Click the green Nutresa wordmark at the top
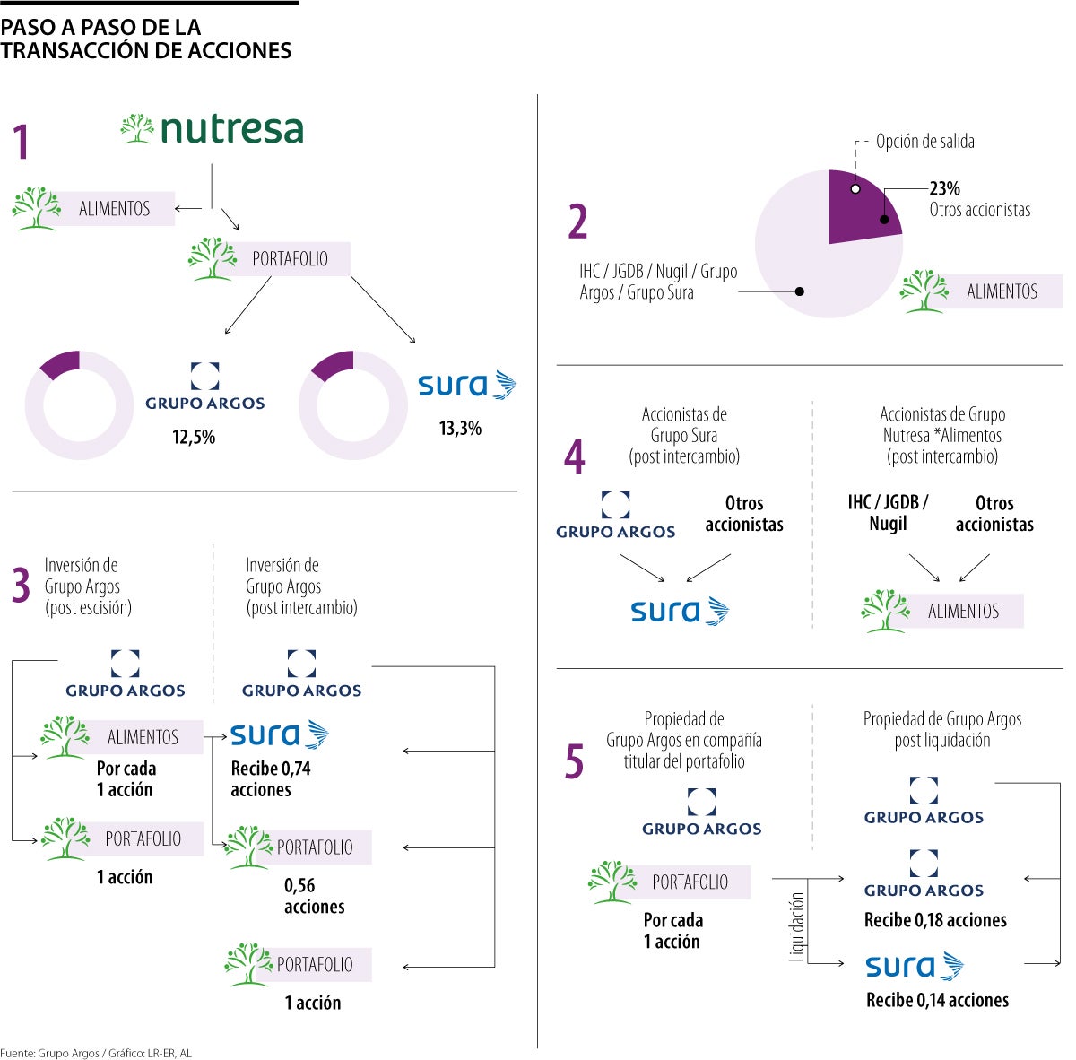[231, 129]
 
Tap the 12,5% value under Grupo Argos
[194, 438]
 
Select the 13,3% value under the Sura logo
[460, 429]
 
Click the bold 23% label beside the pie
[944, 188]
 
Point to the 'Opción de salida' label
[924, 142]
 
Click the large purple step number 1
[22, 143]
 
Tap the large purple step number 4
[575, 456]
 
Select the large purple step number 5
[574, 762]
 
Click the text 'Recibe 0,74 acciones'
[270, 778]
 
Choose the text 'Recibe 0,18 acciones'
[935, 920]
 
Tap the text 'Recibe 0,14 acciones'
[937, 1000]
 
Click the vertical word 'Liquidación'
[796, 926]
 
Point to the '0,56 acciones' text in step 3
[314, 896]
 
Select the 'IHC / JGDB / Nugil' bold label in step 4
[888, 513]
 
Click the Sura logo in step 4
[680, 612]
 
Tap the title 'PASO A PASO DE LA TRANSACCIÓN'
[146, 39]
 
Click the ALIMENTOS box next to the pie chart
[1001, 291]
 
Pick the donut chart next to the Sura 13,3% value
[352, 405]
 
